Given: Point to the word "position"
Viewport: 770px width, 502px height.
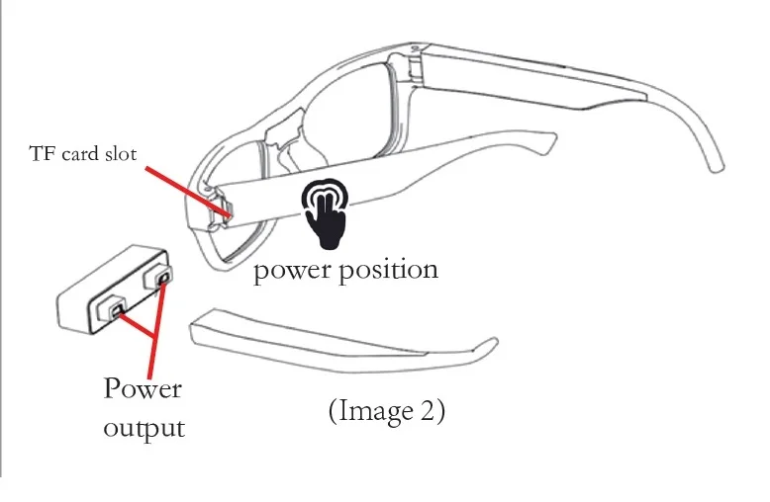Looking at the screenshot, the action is pos(386,270).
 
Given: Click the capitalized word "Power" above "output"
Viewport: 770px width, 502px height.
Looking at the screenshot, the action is pos(143,388).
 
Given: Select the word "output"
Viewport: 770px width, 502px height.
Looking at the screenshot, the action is pos(144,428).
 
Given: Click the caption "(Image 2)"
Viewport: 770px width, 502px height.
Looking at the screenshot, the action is pos(387,410).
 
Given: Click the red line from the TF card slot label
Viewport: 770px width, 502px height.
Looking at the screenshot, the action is pos(188,188).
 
